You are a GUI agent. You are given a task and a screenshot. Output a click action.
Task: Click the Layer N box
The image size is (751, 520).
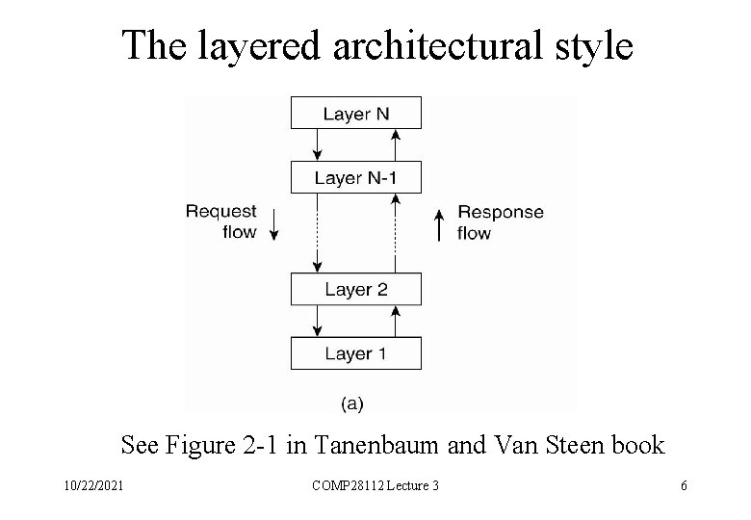355,114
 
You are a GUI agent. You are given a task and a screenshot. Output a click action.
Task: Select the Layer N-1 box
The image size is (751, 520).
355,177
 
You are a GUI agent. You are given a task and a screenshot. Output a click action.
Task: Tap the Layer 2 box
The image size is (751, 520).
355,289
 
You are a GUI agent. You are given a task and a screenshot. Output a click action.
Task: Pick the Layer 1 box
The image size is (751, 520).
355,353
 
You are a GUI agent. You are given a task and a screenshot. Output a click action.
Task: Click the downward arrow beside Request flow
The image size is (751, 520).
274,224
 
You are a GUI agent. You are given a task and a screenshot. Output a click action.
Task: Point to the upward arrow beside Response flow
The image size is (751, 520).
439,224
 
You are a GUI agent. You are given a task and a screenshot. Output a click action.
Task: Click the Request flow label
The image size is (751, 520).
221,221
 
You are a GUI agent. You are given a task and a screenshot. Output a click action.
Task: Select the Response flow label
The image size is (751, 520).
500,221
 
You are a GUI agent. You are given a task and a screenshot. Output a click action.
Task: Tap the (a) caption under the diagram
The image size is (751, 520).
352,403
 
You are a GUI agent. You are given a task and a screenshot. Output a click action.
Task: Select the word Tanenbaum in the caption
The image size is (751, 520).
357,445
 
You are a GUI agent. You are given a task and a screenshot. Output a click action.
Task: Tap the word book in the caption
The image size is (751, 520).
637,445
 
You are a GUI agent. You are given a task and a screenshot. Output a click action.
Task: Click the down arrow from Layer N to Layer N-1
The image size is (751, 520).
318,144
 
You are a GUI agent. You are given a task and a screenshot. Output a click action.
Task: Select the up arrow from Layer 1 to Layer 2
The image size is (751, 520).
395,321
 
